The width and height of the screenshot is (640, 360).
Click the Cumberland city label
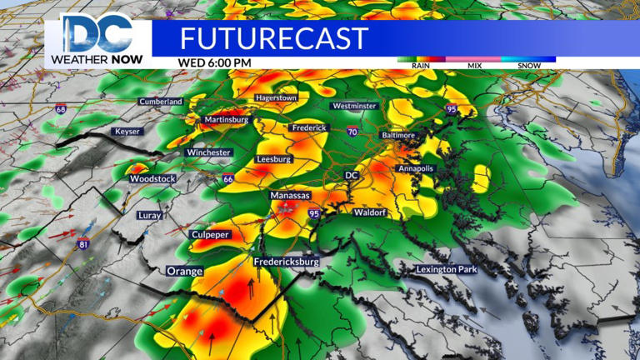(162, 102)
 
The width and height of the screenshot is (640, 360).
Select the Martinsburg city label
(226, 120)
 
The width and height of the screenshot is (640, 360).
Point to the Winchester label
(208, 152)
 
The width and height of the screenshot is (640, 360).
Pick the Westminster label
(354, 107)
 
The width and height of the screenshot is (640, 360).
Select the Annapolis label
(416, 168)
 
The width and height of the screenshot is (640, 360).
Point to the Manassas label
(290, 195)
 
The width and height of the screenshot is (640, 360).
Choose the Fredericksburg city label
(287, 262)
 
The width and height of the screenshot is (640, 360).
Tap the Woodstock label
(152, 179)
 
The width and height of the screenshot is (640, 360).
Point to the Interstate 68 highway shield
(61, 109)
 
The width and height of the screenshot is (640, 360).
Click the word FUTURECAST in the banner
(273, 38)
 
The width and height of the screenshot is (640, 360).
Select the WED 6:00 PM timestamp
(214, 62)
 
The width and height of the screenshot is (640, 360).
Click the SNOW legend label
(528, 66)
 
